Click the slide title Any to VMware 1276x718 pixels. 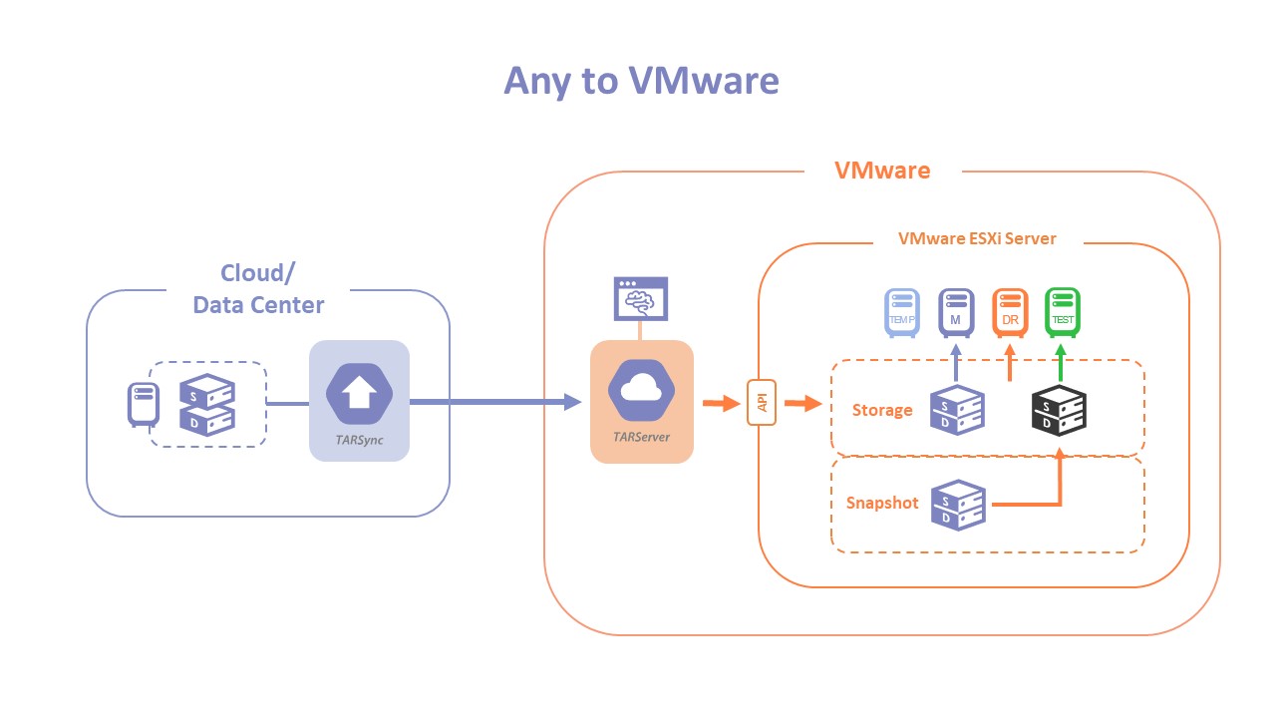point(641,81)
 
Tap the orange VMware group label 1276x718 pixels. point(881,171)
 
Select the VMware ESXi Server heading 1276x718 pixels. point(977,238)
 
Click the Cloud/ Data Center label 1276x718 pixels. point(258,289)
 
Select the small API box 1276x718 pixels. point(761,404)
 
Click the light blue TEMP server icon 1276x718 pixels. point(901,312)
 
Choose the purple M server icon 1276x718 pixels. point(955,312)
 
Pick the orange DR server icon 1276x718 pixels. point(1009,312)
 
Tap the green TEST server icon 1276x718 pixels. point(1062,312)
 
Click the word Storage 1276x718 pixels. point(882,410)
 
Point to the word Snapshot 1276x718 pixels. point(882,503)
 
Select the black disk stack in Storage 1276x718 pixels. point(1059,410)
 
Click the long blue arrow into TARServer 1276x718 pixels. point(493,402)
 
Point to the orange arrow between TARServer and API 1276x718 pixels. point(717,404)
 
